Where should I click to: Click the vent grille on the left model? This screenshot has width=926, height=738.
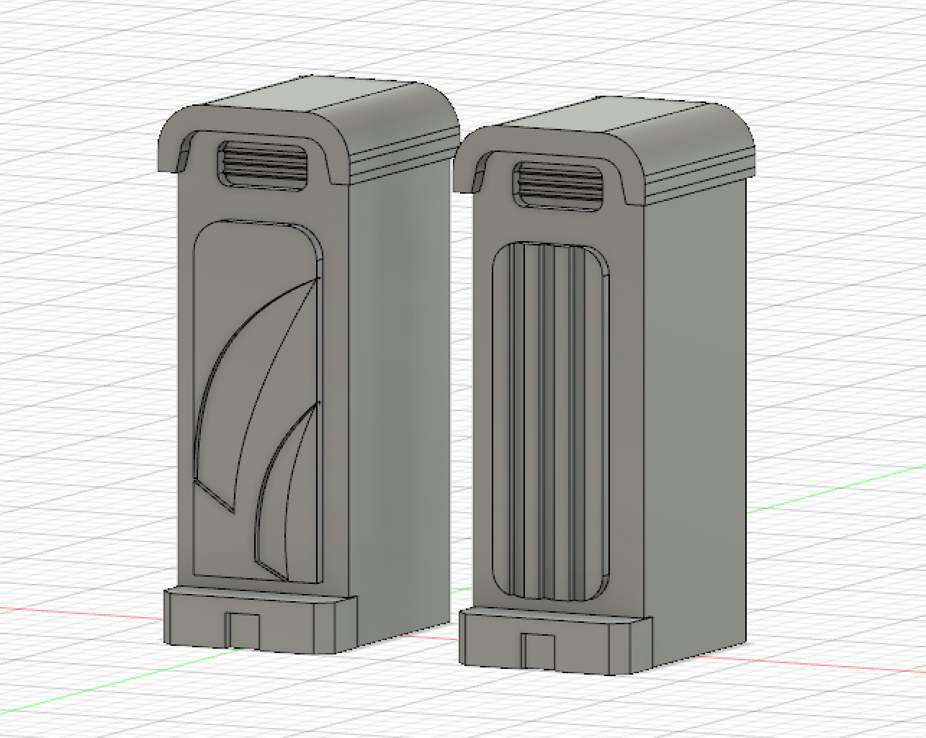[263, 166]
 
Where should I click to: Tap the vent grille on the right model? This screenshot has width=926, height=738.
[559, 186]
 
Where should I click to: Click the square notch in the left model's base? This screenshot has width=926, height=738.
[243, 629]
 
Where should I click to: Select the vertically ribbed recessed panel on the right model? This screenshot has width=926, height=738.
[551, 421]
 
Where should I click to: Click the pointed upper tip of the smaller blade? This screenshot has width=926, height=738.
[315, 405]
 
